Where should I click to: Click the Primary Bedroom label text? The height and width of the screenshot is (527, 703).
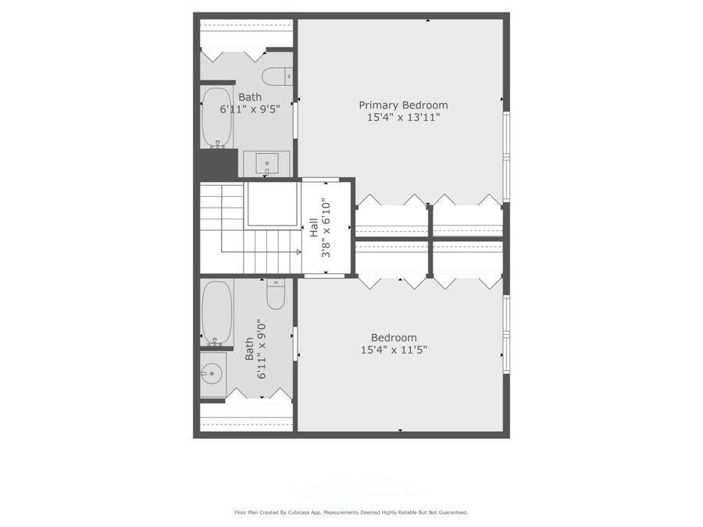point(403,105)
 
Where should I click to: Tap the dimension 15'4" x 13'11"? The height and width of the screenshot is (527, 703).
point(403,118)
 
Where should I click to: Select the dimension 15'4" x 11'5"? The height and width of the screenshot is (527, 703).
point(394,350)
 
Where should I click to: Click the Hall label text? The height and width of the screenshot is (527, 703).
point(314,228)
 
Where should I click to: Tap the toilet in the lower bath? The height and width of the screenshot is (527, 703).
point(277,294)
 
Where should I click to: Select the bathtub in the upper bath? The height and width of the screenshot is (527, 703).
point(217,117)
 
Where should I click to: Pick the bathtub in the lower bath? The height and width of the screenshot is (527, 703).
point(217,312)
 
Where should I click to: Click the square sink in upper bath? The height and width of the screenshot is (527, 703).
point(266,164)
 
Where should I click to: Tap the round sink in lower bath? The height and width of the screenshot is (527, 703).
point(211,374)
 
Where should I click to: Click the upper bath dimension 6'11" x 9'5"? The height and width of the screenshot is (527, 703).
point(250,110)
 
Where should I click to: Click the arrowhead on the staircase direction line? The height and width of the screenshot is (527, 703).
point(298,252)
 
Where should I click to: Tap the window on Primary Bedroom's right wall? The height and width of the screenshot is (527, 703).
point(506,156)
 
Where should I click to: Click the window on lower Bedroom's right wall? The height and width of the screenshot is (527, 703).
point(506,334)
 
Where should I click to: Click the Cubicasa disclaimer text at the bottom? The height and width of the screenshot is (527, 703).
point(351,513)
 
